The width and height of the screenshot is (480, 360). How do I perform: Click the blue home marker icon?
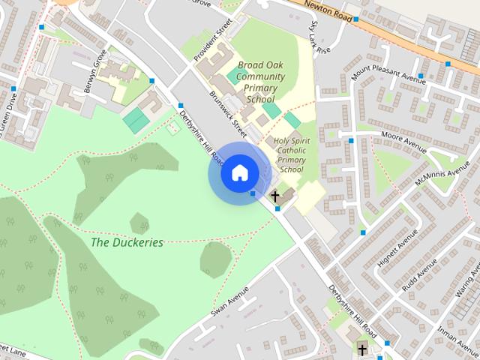[x=239, y=172]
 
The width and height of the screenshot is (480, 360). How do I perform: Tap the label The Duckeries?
[x=127, y=242]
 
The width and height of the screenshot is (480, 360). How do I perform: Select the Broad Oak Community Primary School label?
[x=260, y=82]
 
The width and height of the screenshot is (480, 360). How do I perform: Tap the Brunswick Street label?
[x=228, y=112]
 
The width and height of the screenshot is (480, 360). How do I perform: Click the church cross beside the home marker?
[x=274, y=196]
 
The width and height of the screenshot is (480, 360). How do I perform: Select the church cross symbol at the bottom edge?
[x=362, y=350]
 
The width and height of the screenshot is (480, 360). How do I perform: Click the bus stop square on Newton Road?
[x=357, y=19]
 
